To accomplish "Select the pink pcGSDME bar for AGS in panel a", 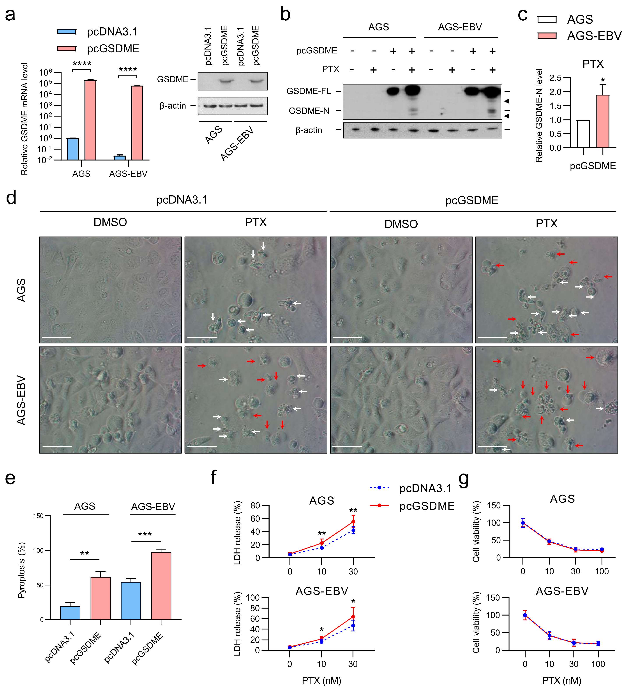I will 90,120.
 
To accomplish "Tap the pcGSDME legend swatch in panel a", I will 67,48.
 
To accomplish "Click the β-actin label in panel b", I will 309,130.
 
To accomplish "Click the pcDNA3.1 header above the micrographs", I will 182,200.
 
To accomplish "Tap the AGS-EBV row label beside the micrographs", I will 21,400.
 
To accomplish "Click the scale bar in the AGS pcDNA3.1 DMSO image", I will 56,338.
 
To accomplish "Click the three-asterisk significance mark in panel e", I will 145,534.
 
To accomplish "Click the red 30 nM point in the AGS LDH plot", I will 353,522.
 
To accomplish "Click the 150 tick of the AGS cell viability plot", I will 494,505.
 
